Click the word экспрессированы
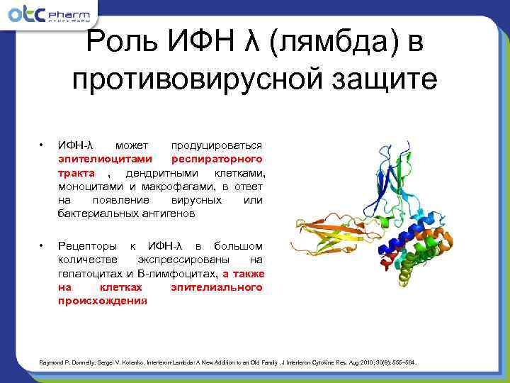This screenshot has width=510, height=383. [184, 259]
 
